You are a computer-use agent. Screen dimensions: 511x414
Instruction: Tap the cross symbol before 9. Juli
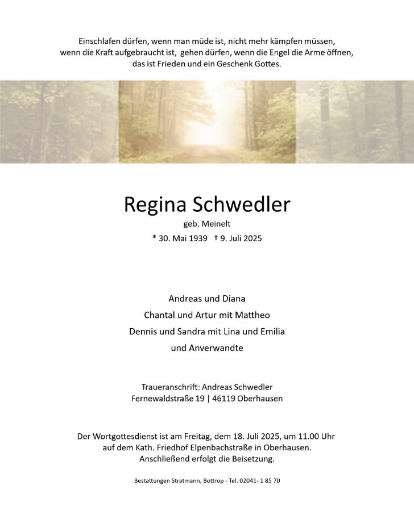(216, 238)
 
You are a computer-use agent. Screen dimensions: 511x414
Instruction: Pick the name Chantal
(161, 314)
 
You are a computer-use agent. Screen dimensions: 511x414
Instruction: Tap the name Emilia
(271, 330)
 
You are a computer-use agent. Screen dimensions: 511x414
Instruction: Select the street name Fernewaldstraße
(163, 398)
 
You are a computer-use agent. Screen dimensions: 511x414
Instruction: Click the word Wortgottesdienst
(130, 436)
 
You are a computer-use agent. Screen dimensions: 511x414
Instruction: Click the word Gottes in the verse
(264, 64)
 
